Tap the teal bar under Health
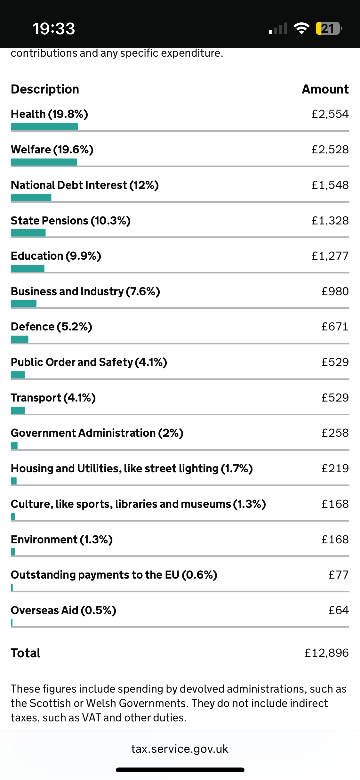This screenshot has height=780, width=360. click(44, 127)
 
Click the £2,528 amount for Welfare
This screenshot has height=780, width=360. click(330, 150)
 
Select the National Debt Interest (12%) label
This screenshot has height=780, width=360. click(85, 185)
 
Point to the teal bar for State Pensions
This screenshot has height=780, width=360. click(28, 233)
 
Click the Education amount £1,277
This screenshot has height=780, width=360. click(330, 256)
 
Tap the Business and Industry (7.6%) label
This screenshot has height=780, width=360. click(85, 291)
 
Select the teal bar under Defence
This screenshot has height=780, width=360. click(20, 339)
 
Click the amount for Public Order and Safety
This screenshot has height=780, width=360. click(335, 362)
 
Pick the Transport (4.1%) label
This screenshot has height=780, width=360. click(53, 398)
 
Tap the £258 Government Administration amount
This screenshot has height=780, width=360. click(335, 433)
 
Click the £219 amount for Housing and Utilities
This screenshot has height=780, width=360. click(335, 468)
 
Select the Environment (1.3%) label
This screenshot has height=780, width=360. click(62, 540)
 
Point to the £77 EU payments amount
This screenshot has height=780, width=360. click(339, 575)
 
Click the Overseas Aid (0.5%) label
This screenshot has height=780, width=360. click(63, 610)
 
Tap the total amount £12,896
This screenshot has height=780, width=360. click(326, 653)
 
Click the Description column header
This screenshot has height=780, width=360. click(45, 89)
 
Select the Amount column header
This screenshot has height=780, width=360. click(325, 89)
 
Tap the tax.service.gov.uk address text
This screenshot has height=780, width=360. click(180, 749)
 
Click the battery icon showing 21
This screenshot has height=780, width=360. click(328, 28)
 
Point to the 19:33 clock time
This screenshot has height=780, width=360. click(54, 28)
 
